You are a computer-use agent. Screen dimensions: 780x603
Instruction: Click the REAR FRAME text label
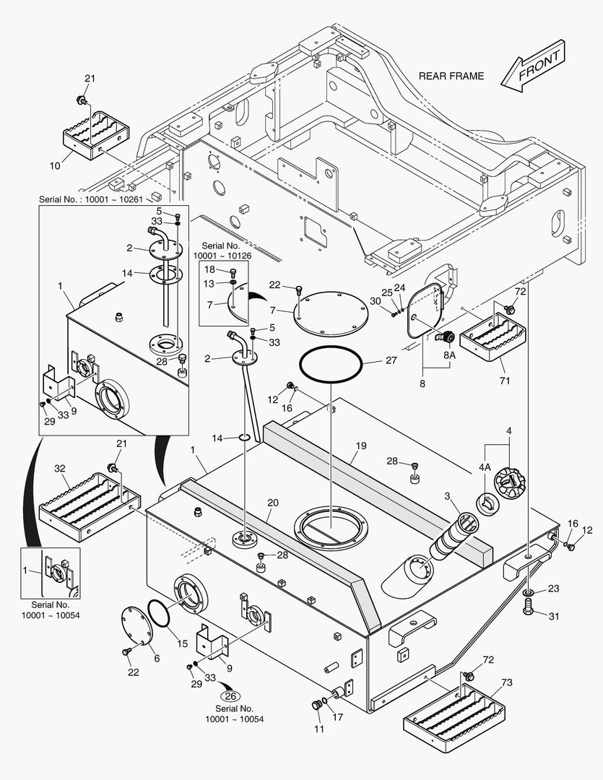(x=451, y=76)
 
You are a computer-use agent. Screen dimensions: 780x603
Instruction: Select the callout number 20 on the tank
(x=273, y=502)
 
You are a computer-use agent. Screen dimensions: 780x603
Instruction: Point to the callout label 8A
(x=450, y=355)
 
